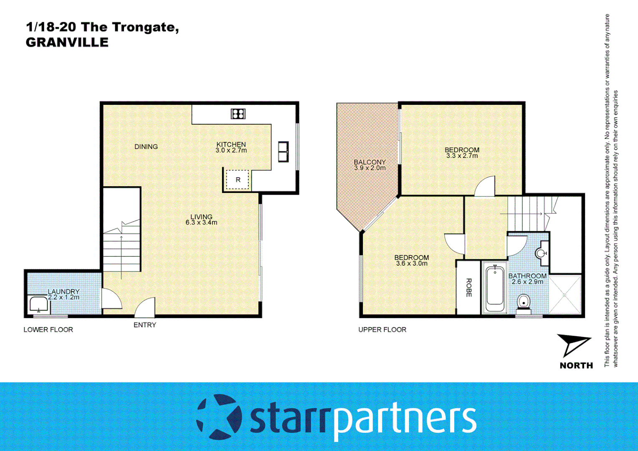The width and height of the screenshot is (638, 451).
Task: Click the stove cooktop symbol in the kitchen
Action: click(x=238, y=114)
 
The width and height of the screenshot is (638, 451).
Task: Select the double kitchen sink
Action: click(x=283, y=152)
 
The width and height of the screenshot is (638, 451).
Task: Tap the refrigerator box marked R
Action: click(x=238, y=180)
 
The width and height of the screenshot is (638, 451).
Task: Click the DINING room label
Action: click(x=146, y=147)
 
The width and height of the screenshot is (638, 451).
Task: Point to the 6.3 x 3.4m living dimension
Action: click(x=201, y=223)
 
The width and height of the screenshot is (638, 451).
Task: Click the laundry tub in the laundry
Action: click(x=39, y=305)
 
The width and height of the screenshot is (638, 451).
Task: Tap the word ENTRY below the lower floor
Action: click(x=145, y=325)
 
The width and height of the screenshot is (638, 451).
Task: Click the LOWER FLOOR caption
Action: click(x=48, y=329)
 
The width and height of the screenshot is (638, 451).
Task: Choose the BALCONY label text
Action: click(x=370, y=162)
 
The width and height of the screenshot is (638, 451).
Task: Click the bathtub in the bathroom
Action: click(x=495, y=287)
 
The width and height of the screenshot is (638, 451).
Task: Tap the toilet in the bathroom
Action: click(x=523, y=302)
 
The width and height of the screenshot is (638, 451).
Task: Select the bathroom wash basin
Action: click(x=542, y=253)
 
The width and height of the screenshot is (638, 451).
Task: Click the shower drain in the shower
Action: click(x=564, y=295)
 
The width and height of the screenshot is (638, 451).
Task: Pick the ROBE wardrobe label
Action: click(x=468, y=288)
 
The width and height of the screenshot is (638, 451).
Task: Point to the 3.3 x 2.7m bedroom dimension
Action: click(x=462, y=156)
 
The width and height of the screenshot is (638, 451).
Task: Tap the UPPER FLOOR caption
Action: click(x=382, y=329)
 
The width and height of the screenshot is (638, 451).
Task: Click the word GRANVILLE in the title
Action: click(x=67, y=43)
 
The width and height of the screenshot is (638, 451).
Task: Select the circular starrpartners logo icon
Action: click(x=219, y=417)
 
